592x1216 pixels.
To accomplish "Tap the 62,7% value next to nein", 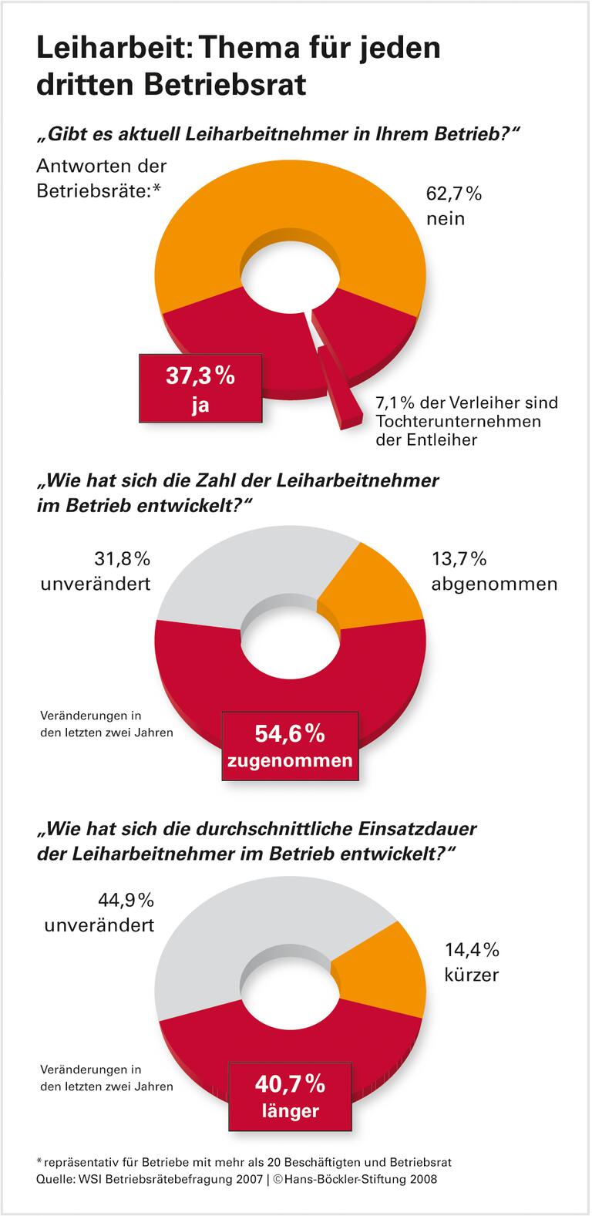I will point(454,194).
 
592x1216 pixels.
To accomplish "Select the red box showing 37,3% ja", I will point(200,389).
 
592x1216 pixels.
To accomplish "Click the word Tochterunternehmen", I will point(458,421).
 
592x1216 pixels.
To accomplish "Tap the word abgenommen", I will point(494,584).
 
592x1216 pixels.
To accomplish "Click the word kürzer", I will point(472,975).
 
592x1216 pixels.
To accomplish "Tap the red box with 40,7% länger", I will point(290,1096).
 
